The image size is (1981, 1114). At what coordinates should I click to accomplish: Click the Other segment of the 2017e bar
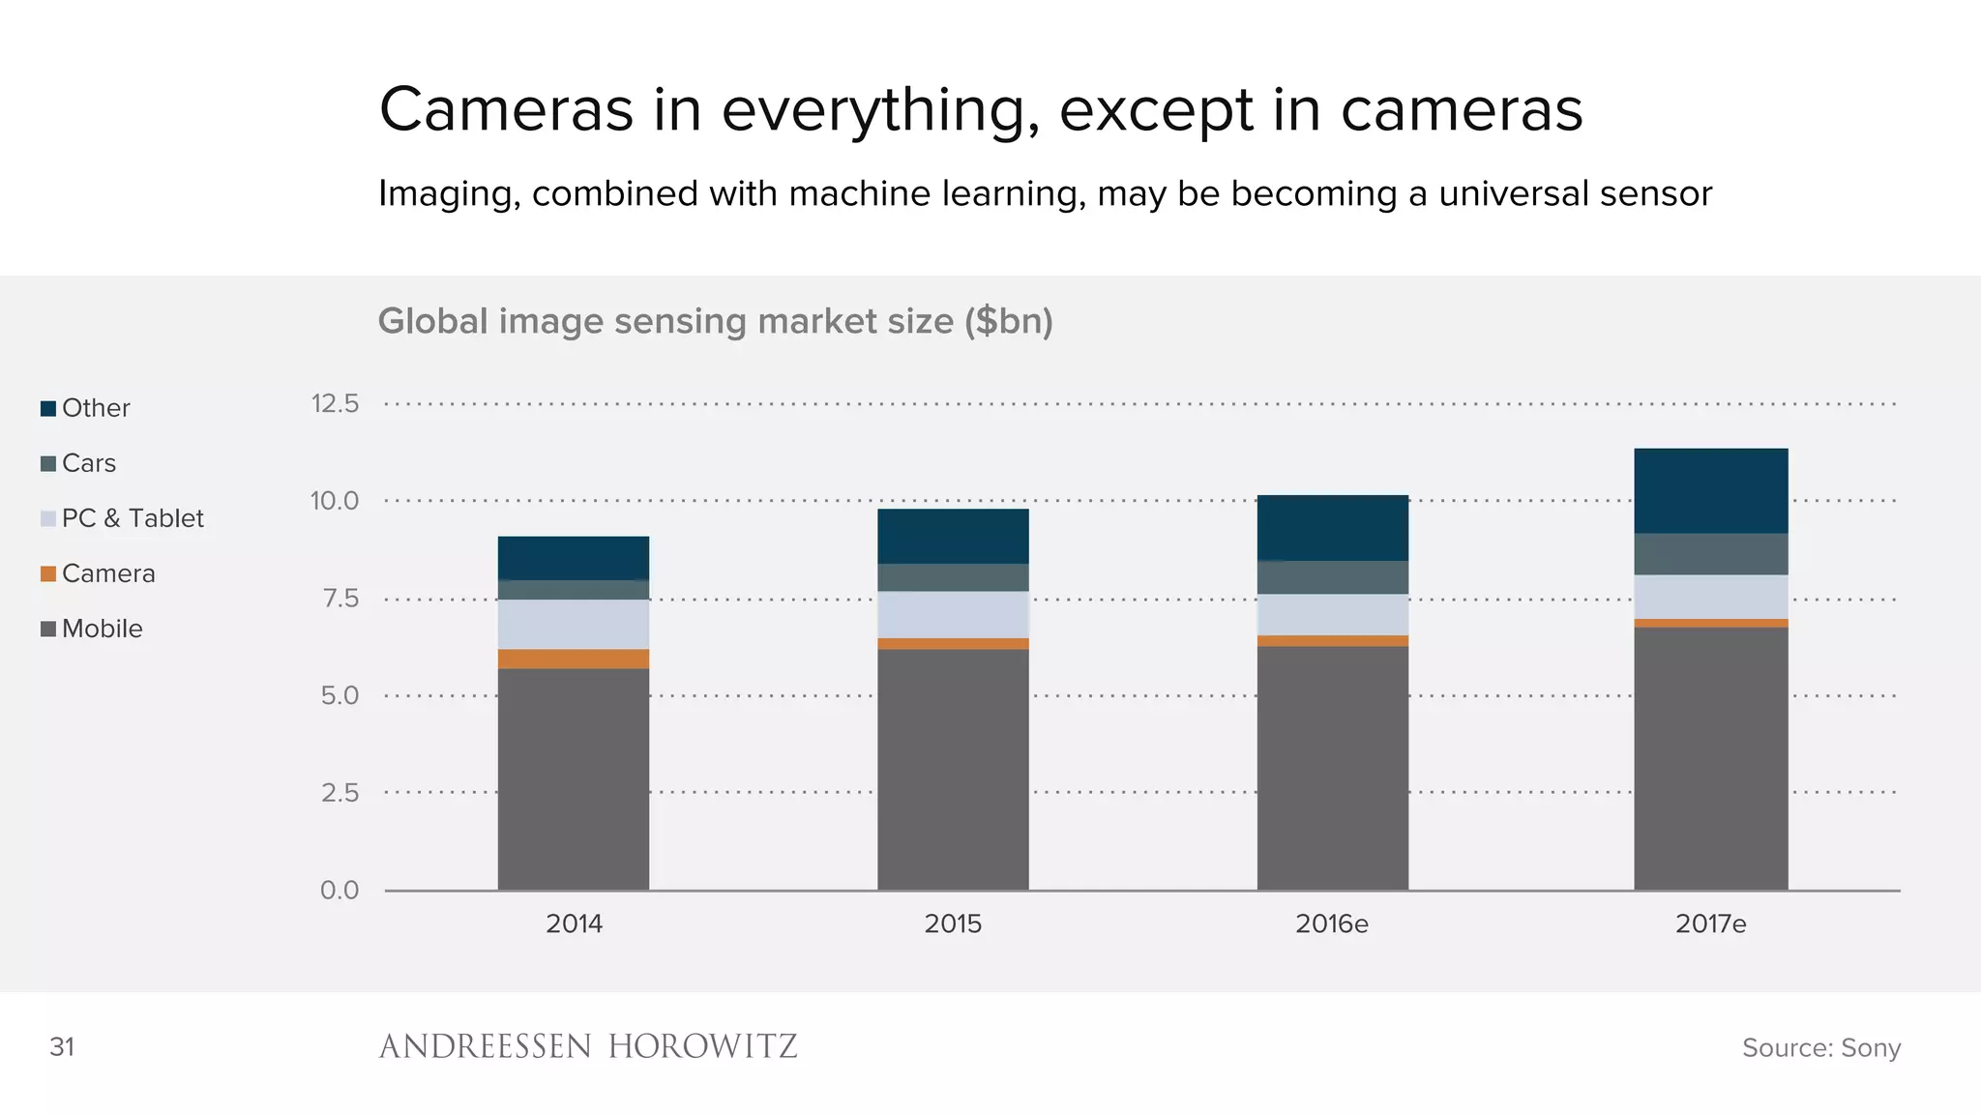(1710, 490)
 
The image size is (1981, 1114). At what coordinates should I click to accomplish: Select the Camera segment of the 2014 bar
(574, 659)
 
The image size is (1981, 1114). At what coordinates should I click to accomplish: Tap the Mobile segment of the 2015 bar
(953, 769)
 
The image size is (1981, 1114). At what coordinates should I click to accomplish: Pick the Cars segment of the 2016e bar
(1332, 577)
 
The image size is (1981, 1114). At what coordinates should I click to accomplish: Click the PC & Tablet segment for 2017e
(1710, 597)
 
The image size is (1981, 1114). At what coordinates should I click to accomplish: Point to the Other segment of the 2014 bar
(574, 558)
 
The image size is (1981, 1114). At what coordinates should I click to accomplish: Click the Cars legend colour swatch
(48, 464)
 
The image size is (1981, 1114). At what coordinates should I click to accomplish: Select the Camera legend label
(108, 573)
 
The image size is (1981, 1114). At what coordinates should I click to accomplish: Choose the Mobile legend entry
(102, 629)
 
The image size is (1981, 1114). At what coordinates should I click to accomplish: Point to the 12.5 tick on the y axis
(335, 403)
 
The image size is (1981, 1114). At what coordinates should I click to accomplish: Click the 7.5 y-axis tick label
(340, 599)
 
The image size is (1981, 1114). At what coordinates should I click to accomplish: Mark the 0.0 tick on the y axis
(340, 890)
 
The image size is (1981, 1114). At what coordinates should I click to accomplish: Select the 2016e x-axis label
(1332, 923)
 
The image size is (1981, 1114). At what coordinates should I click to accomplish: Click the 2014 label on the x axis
(574, 923)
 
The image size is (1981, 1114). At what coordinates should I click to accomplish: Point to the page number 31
(62, 1046)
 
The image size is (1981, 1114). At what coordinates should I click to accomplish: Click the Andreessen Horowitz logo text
(588, 1046)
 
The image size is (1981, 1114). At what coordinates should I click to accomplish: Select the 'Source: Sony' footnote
(1821, 1047)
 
